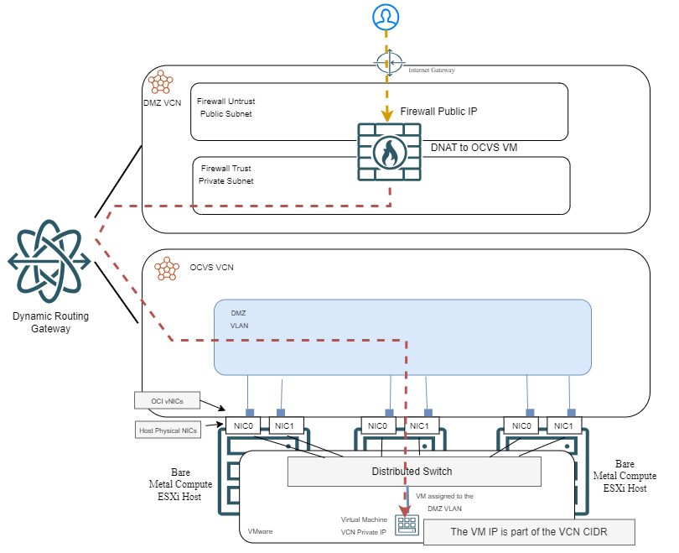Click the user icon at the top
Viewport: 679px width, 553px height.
click(x=386, y=16)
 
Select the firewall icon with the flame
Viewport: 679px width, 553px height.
click(x=389, y=152)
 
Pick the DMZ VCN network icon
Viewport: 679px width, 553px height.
click(x=159, y=82)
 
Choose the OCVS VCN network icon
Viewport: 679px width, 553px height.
click(x=167, y=268)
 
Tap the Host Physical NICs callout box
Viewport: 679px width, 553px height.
click(x=168, y=430)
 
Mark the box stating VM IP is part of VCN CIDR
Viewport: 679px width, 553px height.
click(x=528, y=532)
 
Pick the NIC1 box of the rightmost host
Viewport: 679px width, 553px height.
click(x=564, y=426)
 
